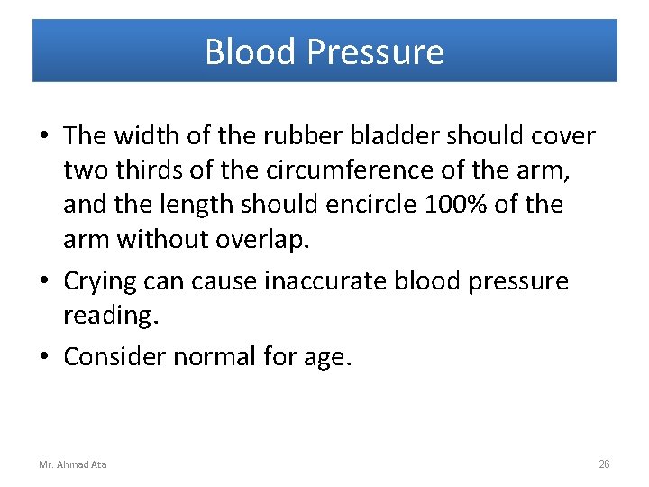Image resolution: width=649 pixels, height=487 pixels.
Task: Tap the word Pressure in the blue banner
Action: [375, 52]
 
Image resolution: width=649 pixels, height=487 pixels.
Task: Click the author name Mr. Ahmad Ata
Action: [72, 464]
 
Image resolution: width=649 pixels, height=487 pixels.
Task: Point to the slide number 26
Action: [604, 464]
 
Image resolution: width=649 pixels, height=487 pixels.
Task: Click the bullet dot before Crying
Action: [45, 282]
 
